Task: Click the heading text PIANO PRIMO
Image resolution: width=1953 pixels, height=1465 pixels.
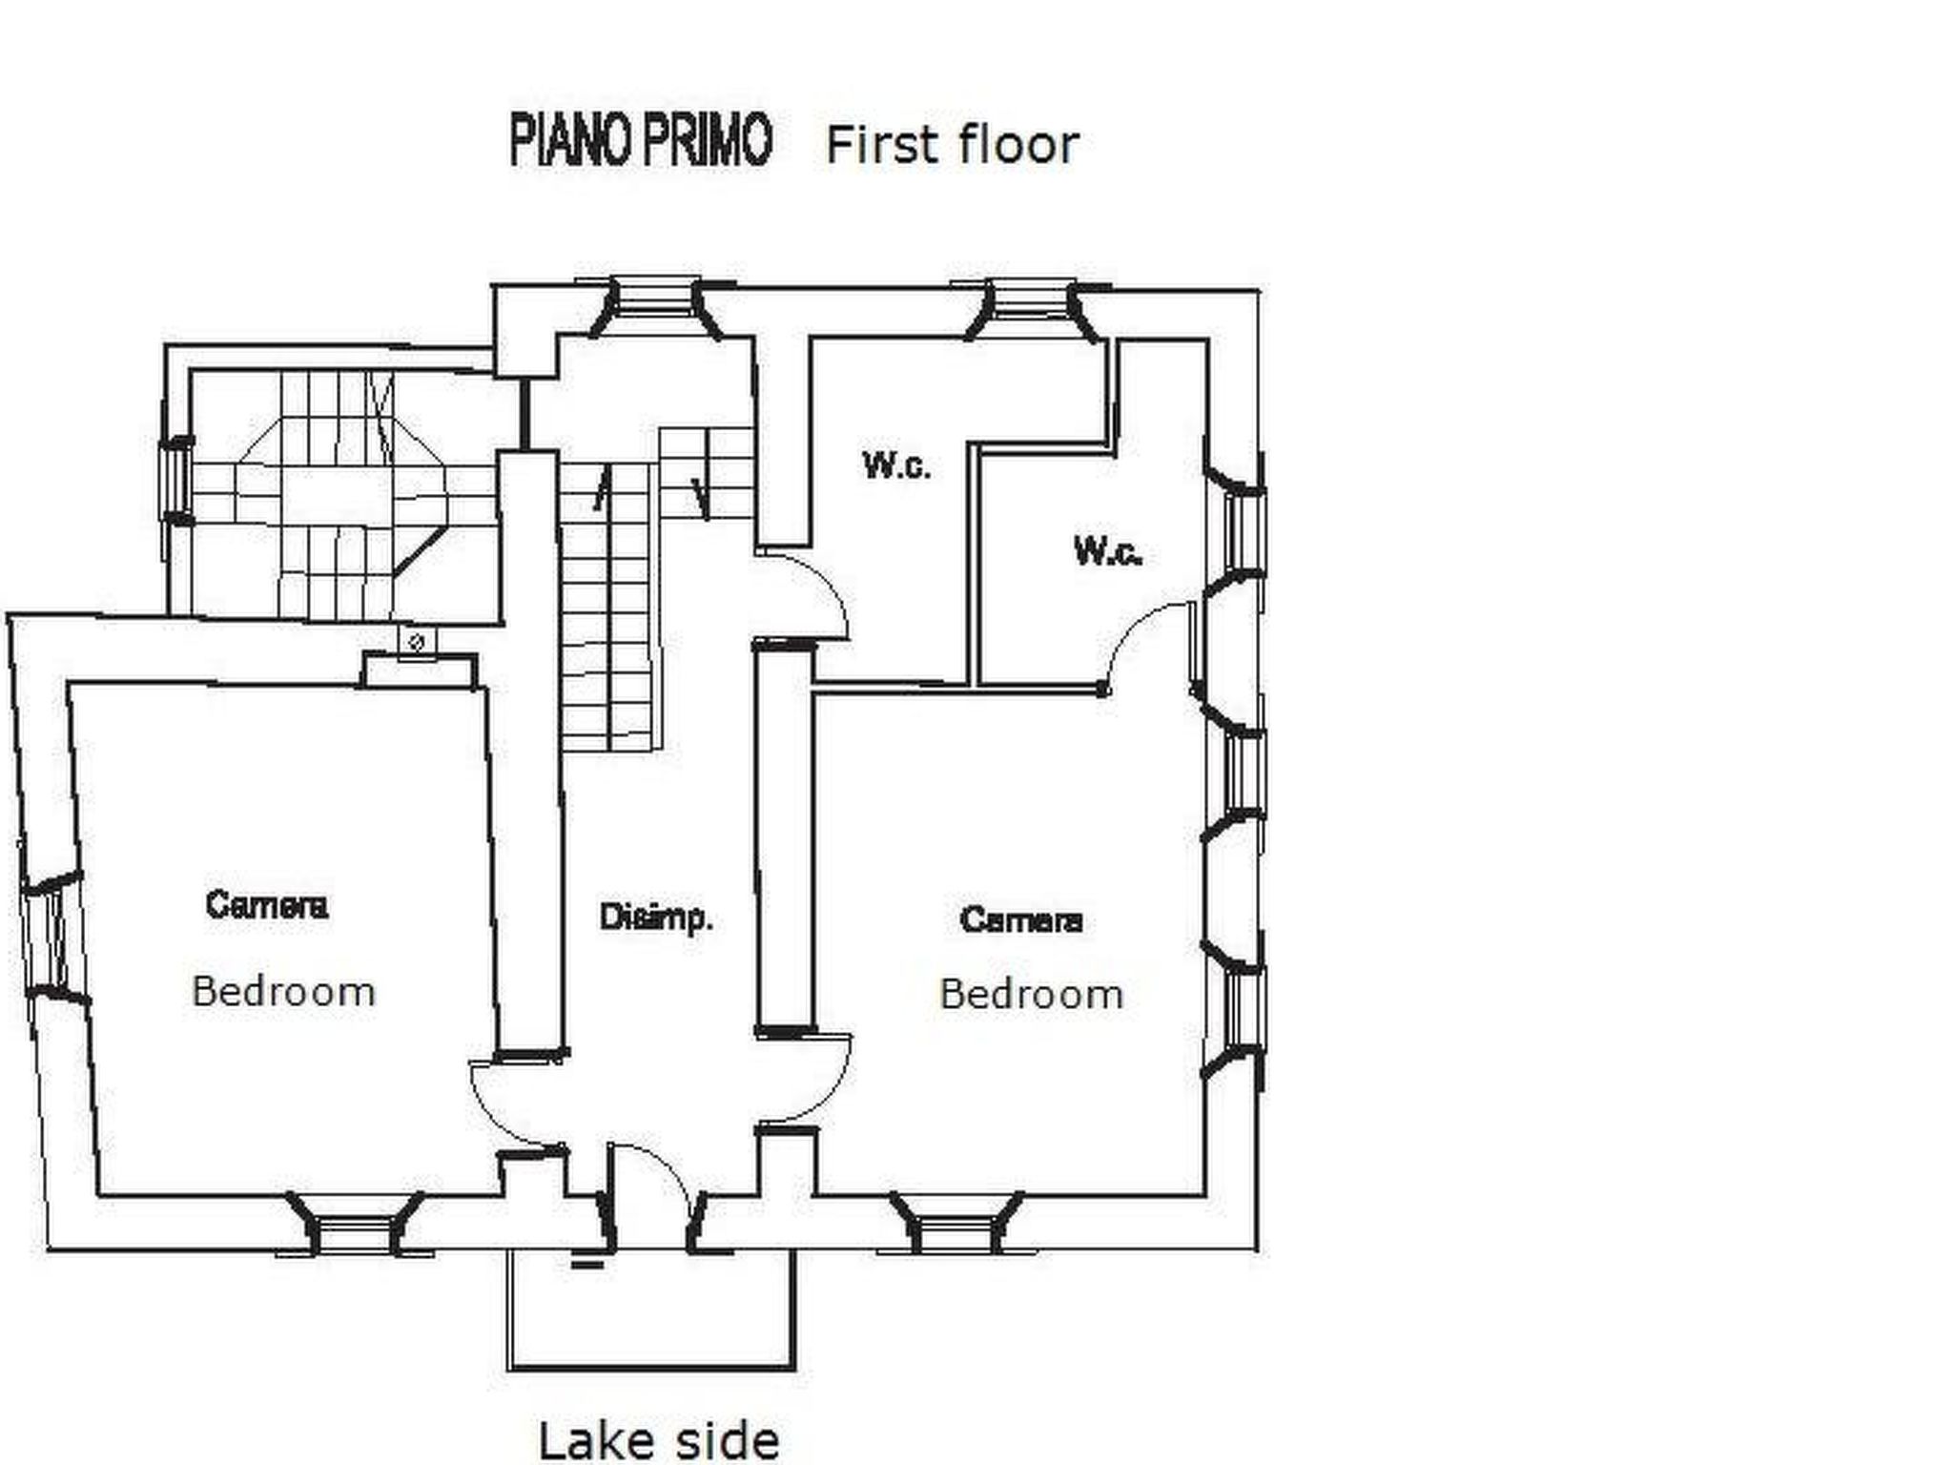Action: [x=640, y=141]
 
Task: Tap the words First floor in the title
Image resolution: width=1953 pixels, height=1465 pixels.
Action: [x=952, y=146]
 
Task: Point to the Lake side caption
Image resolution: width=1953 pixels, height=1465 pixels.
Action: [x=659, y=1440]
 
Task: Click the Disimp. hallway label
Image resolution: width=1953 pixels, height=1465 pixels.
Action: [x=656, y=918]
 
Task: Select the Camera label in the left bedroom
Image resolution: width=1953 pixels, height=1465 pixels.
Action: [x=267, y=905]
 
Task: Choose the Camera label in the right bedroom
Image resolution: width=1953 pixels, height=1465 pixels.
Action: [x=1021, y=920]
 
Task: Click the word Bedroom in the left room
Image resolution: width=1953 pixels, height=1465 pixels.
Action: [x=283, y=992]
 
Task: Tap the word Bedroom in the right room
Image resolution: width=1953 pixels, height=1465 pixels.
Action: [x=1031, y=995]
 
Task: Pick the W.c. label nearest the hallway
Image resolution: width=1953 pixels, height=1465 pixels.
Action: [x=896, y=466]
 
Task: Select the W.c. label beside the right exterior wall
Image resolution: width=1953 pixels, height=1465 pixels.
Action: [x=1108, y=551]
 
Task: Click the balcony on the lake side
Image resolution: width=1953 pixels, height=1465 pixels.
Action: [x=651, y=1309]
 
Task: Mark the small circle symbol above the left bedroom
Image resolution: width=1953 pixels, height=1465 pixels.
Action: [x=417, y=642]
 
